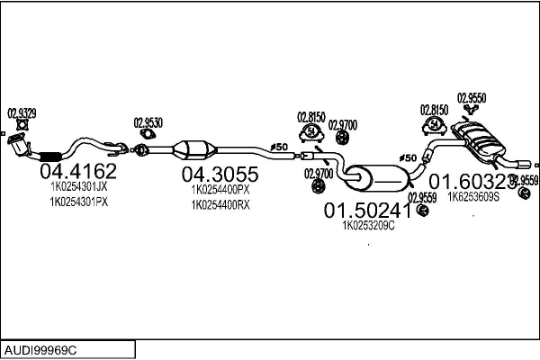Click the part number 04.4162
(77, 170)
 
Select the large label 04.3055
(220, 174)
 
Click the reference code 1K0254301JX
(78, 186)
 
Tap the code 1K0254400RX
(220, 205)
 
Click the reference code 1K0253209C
(369, 225)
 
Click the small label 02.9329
(22, 113)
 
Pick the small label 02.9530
(148, 123)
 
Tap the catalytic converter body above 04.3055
(202, 149)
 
